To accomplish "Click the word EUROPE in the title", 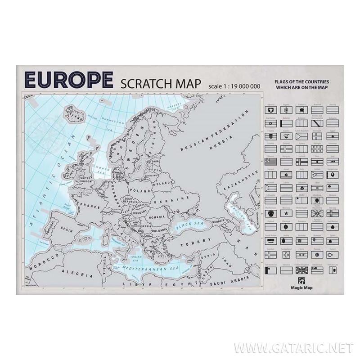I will [x=69, y=80].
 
